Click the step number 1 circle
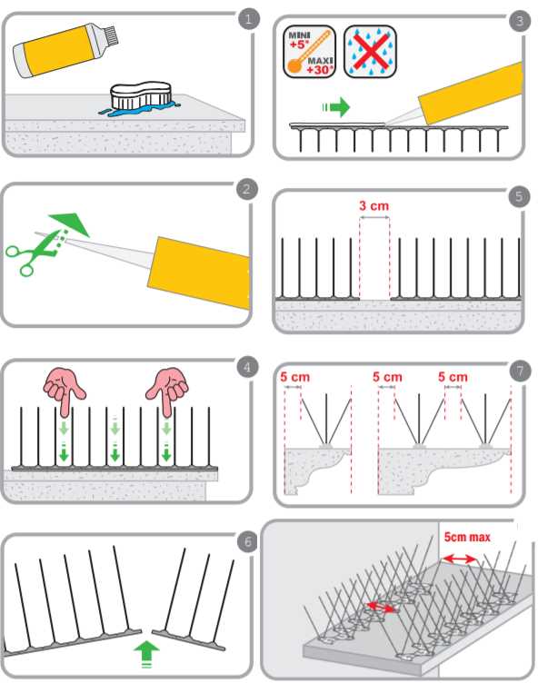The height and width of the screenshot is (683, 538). pos(248,19)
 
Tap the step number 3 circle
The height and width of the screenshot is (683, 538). pos(519,21)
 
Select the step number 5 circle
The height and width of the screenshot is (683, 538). pos(519,196)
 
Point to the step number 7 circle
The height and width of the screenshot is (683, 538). pos(520,371)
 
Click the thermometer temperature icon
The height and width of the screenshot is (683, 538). pos(309,52)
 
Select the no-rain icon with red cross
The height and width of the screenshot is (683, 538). pos(370,52)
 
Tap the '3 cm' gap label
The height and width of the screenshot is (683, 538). pos(374,205)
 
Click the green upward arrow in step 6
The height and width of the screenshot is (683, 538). pos(146,653)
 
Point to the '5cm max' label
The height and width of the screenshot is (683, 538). pos(467,537)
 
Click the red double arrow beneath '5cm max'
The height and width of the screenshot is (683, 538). pos(459,559)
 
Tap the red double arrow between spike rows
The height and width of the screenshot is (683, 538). pos(381,607)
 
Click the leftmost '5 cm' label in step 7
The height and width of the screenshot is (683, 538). pos(294,377)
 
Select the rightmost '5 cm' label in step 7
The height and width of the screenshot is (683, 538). pos(453,377)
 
